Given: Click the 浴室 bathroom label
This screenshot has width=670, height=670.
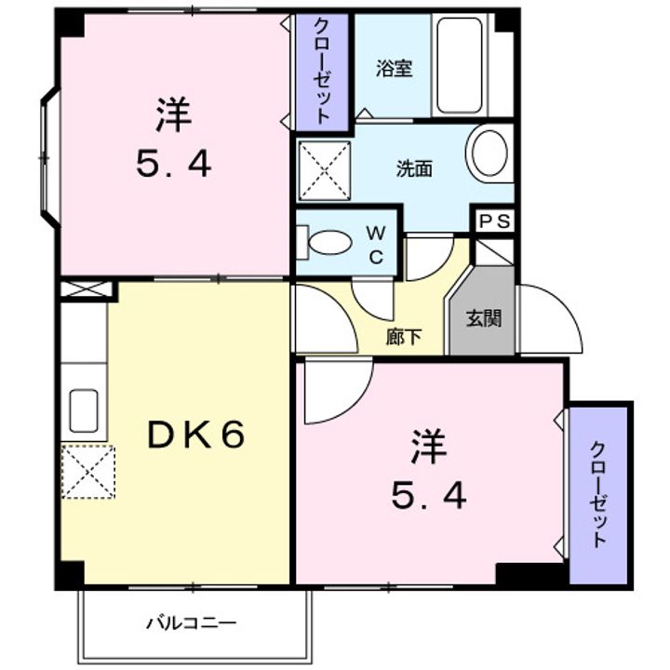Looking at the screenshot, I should (x=394, y=68).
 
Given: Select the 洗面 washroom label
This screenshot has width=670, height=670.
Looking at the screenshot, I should (x=414, y=169).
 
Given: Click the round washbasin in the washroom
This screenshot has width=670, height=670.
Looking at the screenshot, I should (x=489, y=153).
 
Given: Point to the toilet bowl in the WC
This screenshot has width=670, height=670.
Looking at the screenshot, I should (x=328, y=243).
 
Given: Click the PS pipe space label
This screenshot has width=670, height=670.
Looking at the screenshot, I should (x=494, y=222).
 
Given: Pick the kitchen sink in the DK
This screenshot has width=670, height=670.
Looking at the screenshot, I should (x=84, y=410).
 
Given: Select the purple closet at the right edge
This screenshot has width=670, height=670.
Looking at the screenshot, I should (x=598, y=493).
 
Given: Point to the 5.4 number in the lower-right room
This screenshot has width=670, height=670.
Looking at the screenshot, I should (x=428, y=499).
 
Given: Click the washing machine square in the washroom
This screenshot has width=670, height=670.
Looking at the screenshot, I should (x=324, y=170).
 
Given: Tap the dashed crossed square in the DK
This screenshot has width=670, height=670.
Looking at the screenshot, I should (x=88, y=473).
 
